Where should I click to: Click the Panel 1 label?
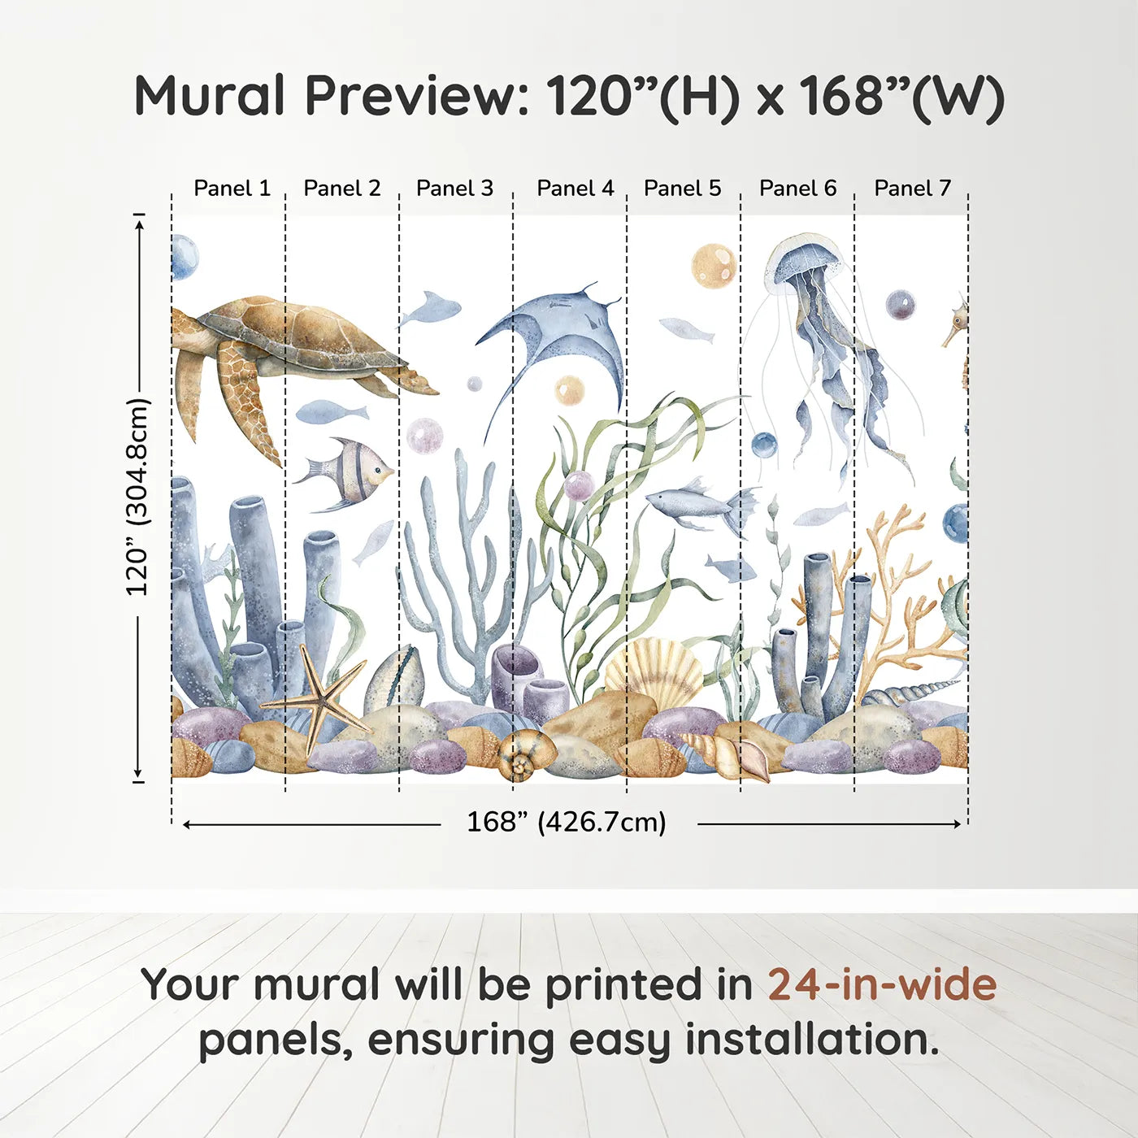pyautogui.click(x=232, y=189)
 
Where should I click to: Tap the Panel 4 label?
pyautogui.click(x=575, y=189)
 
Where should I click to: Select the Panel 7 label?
pyautogui.click(x=912, y=189)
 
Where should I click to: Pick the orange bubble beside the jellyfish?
pyautogui.click(x=714, y=266)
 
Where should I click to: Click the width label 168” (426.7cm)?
pyautogui.click(x=566, y=823)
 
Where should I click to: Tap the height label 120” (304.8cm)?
pyautogui.click(x=138, y=497)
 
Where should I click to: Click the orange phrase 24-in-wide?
pyautogui.click(x=882, y=985)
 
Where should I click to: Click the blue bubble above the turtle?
pyautogui.click(x=184, y=256)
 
